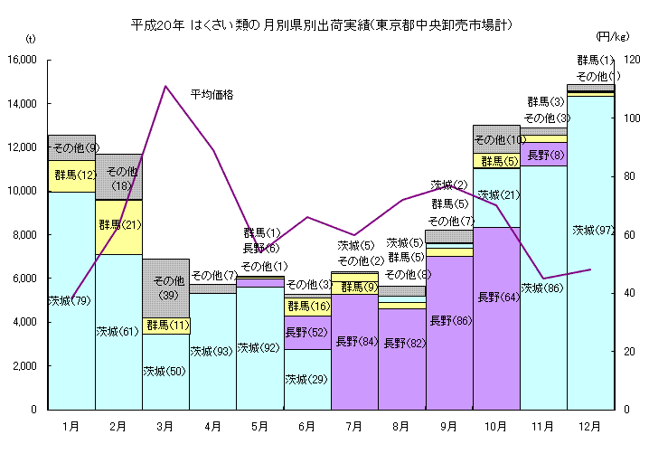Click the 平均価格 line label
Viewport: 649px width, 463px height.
(x=212, y=94)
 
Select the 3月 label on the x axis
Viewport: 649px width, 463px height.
(x=165, y=426)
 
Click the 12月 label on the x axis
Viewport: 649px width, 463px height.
(x=590, y=426)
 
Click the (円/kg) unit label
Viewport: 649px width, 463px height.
(x=612, y=36)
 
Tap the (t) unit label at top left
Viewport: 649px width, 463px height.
(x=29, y=39)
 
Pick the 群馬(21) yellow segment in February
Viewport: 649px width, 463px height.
(x=118, y=226)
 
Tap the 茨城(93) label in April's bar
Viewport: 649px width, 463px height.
(x=212, y=352)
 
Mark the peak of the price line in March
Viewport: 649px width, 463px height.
(x=165, y=86)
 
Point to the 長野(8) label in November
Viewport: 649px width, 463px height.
(x=545, y=155)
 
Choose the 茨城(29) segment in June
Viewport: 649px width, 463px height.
(x=306, y=380)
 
